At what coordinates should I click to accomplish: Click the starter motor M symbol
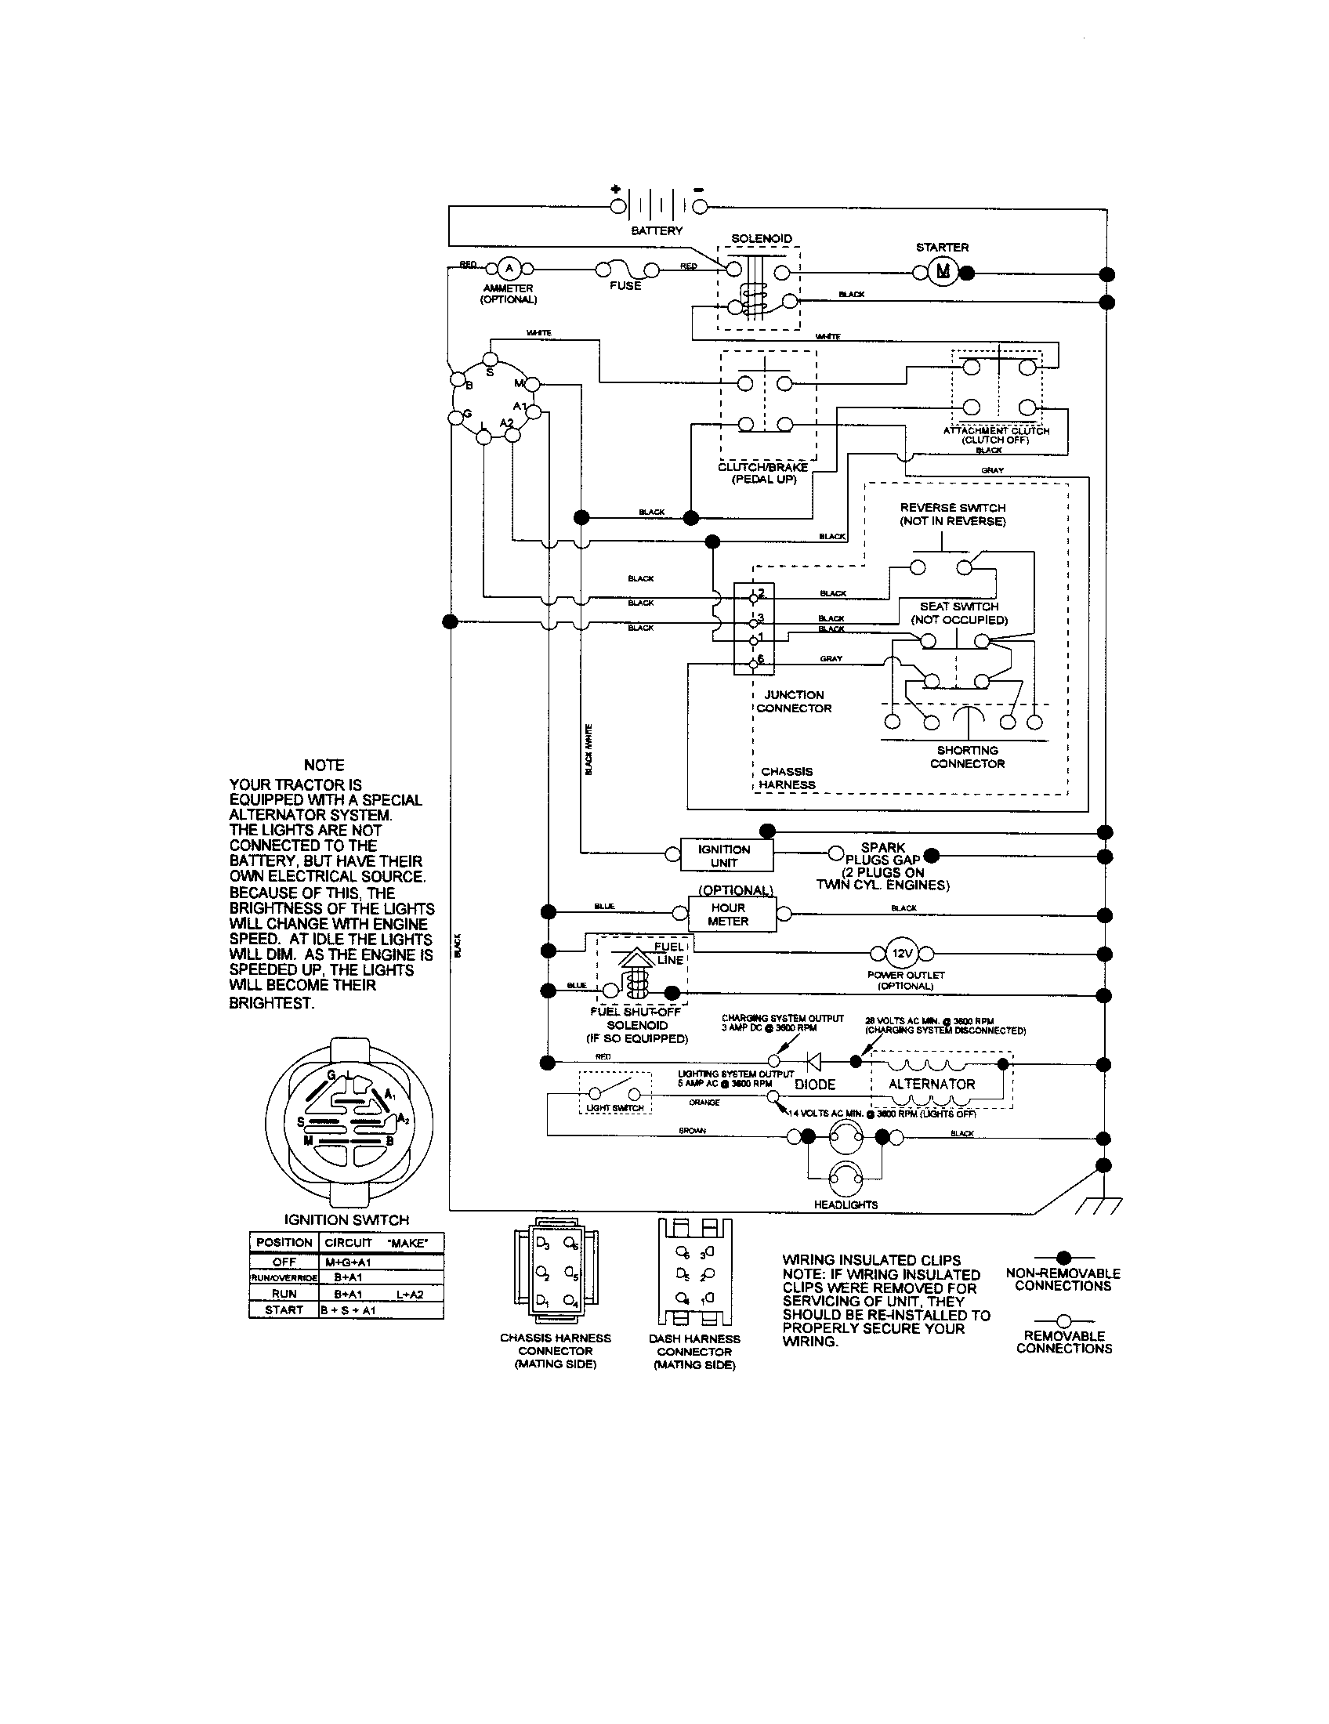pos(943,273)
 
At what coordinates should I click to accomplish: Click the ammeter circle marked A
pos(509,268)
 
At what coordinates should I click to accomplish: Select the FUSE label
pos(625,286)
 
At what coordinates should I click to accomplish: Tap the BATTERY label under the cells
pos(657,230)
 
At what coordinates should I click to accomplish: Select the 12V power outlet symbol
pos(901,954)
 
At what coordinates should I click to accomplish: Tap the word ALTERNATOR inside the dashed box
pos(932,1084)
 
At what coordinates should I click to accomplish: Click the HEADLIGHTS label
pos(846,1204)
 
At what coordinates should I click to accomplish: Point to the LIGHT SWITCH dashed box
pos(615,1092)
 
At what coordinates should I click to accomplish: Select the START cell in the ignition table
pos(284,1309)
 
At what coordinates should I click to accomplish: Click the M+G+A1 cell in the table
pos(348,1262)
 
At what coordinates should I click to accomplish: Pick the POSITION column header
pos(284,1242)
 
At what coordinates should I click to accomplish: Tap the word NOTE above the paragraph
pos(324,765)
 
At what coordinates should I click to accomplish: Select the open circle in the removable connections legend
pos(1063,1320)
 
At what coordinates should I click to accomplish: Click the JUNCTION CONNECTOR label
pos(794,701)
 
